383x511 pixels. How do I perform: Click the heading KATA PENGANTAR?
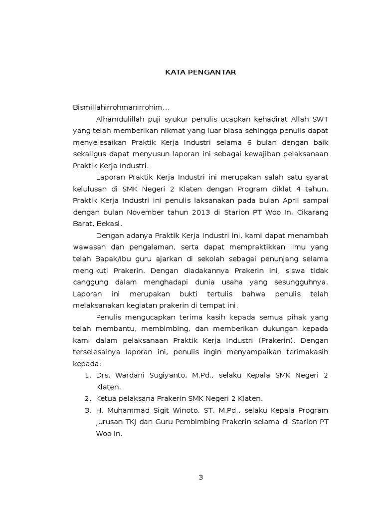tap(200, 72)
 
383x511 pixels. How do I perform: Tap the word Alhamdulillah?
tap(120, 119)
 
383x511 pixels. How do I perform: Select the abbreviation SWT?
tap(320, 119)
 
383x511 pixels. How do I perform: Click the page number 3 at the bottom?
tap(201, 477)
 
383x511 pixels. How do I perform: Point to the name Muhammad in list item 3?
tap(126, 410)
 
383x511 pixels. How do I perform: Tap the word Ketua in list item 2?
tap(106, 398)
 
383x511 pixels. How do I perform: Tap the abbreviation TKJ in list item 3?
tap(132, 422)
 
